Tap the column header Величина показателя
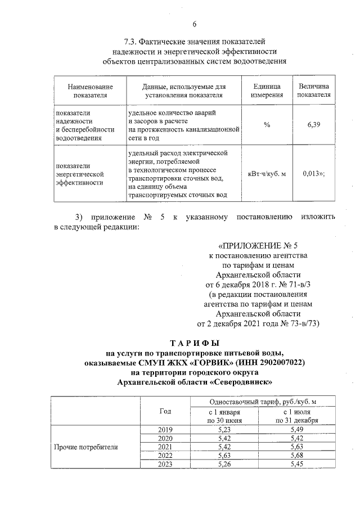313,91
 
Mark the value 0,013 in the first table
311,174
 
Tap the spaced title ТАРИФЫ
195,343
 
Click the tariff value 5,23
224,430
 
